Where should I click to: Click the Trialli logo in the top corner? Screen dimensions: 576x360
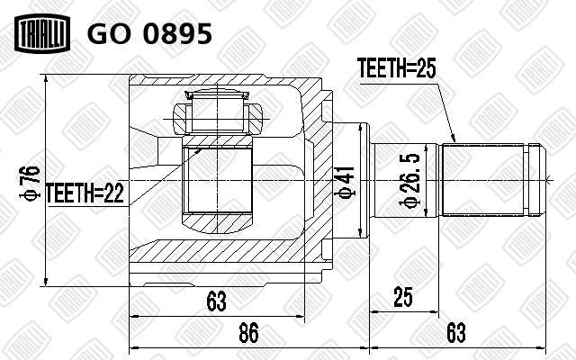point(42,33)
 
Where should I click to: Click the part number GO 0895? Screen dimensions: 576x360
point(149,34)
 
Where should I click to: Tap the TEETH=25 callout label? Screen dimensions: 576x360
point(396,68)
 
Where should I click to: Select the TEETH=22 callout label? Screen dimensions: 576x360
point(85,193)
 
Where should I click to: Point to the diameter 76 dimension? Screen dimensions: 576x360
point(30,183)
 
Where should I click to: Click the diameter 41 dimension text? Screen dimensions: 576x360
point(346,183)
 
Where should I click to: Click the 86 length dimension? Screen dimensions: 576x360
point(248,333)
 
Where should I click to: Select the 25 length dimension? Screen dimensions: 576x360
point(403,297)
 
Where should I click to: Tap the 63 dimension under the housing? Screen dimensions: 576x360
point(216,301)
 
